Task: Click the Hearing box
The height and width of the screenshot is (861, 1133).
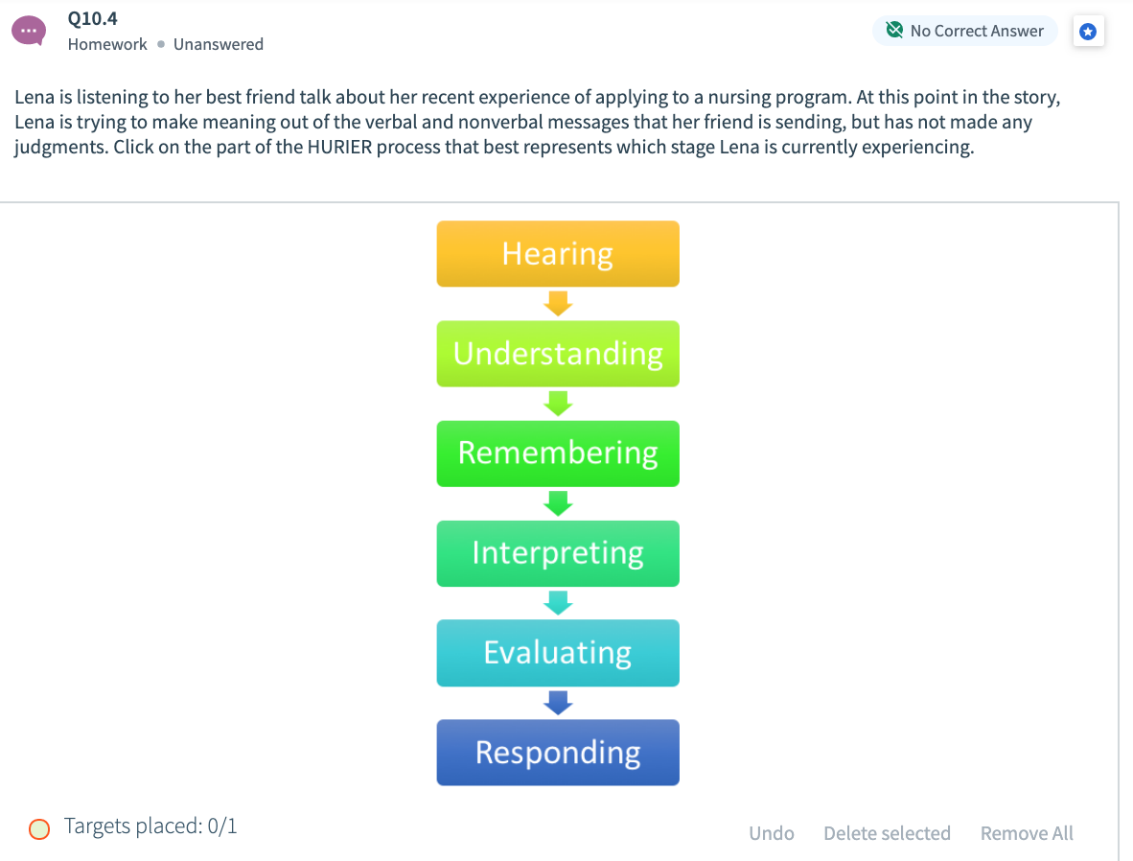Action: (558, 254)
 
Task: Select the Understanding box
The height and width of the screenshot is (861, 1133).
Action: (558, 354)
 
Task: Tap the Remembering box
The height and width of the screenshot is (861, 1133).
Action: (558, 454)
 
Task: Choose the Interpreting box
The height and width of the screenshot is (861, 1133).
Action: (558, 553)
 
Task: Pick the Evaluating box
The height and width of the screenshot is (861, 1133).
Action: (558, 653)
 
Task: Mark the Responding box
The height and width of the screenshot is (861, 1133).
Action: (558, 753)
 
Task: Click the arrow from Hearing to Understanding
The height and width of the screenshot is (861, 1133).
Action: (558, 304)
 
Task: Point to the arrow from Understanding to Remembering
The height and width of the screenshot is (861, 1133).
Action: (558, 404)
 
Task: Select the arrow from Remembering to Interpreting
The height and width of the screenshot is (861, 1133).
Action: (558, 503)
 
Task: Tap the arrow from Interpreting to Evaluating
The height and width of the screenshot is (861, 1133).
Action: (558, 603)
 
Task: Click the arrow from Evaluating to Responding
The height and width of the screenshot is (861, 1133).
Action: (558, 703)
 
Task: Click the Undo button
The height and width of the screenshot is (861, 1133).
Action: (771, 833)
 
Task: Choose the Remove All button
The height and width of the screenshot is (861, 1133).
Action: (1026, 833)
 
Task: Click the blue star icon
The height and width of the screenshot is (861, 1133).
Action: (1088, 31)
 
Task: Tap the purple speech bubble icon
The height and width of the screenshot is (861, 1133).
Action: (29, 31)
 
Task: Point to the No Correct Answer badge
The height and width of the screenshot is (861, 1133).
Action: (964, 31)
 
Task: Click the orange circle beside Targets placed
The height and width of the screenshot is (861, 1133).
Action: (39, 828)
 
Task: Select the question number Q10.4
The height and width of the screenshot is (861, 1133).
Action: (92, 18)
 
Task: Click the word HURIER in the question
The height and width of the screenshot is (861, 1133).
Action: (339, 147)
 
